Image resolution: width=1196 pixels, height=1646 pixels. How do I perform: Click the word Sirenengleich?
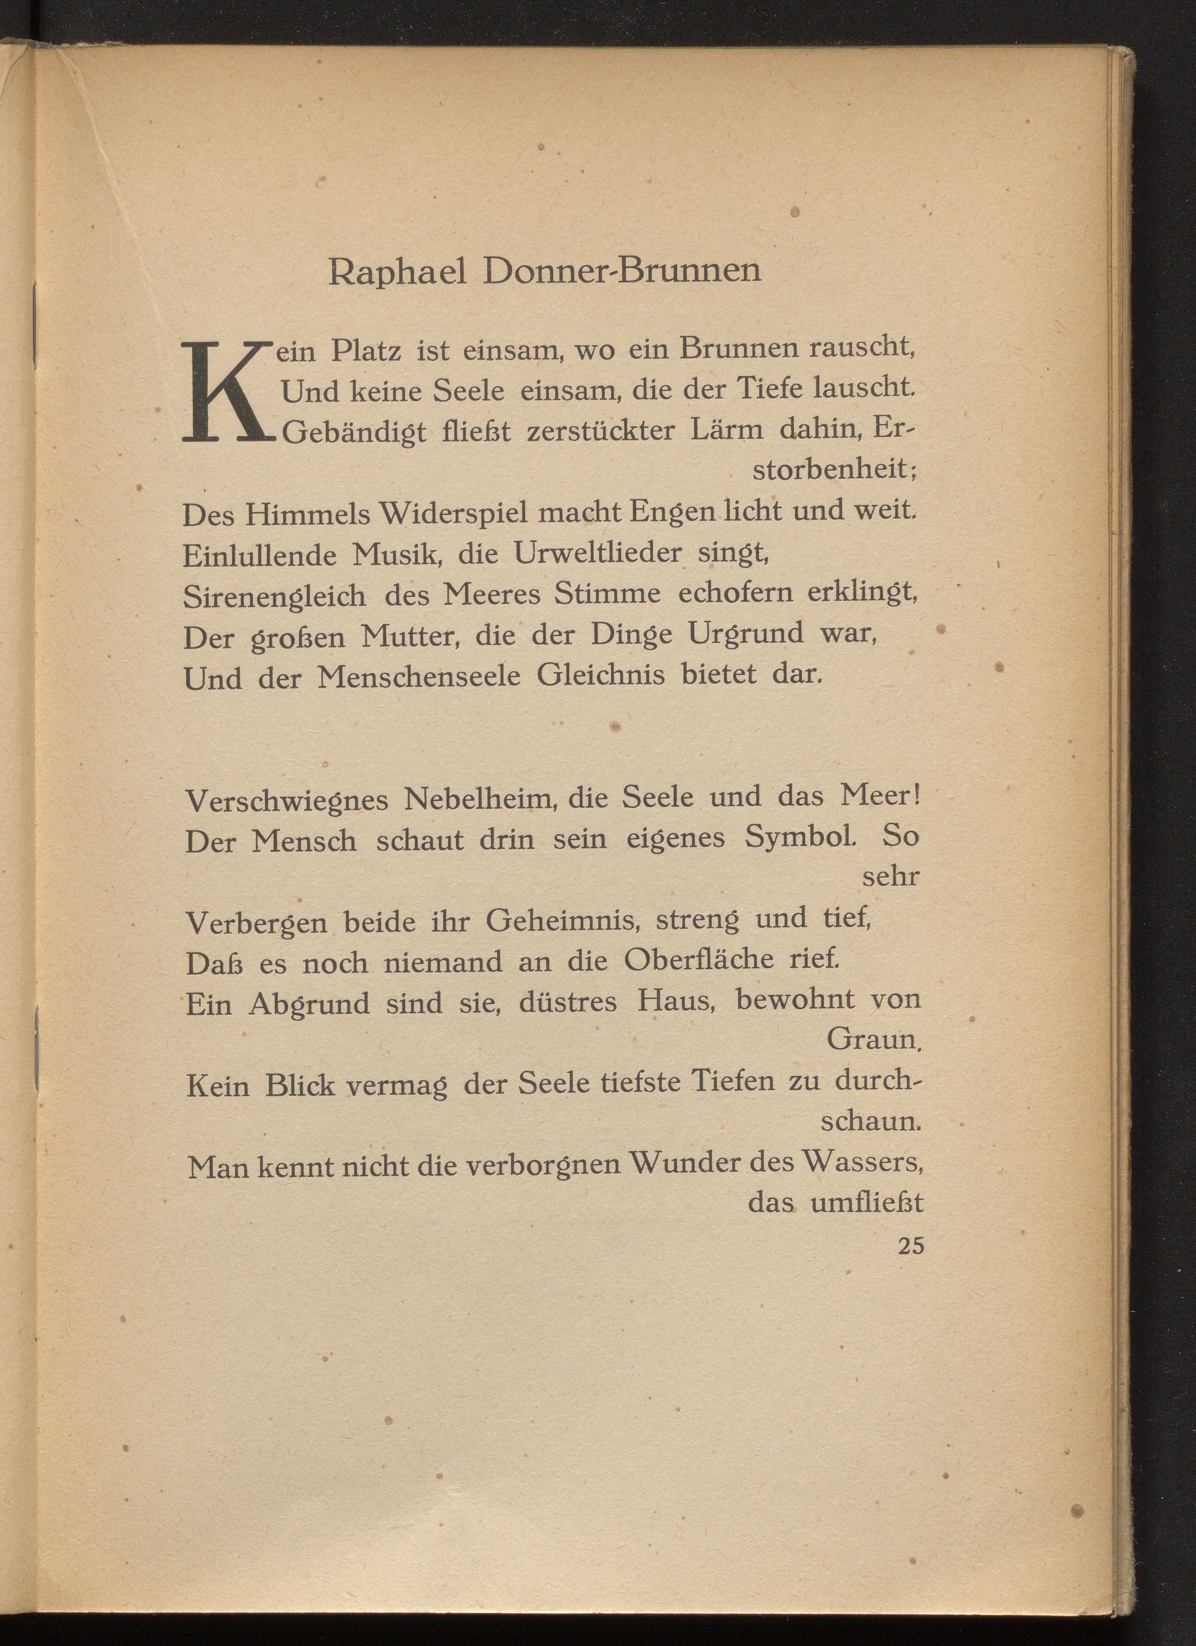point(274,597)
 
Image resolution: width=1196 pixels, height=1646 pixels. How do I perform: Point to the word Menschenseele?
point(419,677)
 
